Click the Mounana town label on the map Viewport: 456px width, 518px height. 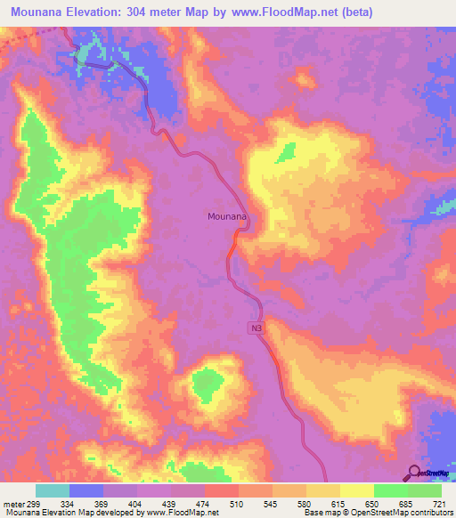click(x=226, y=215)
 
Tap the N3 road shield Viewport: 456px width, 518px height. click(x=256, y=329)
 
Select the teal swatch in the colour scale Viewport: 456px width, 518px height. click(x=52, y=490)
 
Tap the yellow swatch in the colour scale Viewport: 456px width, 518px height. click(x=356, y=490)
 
